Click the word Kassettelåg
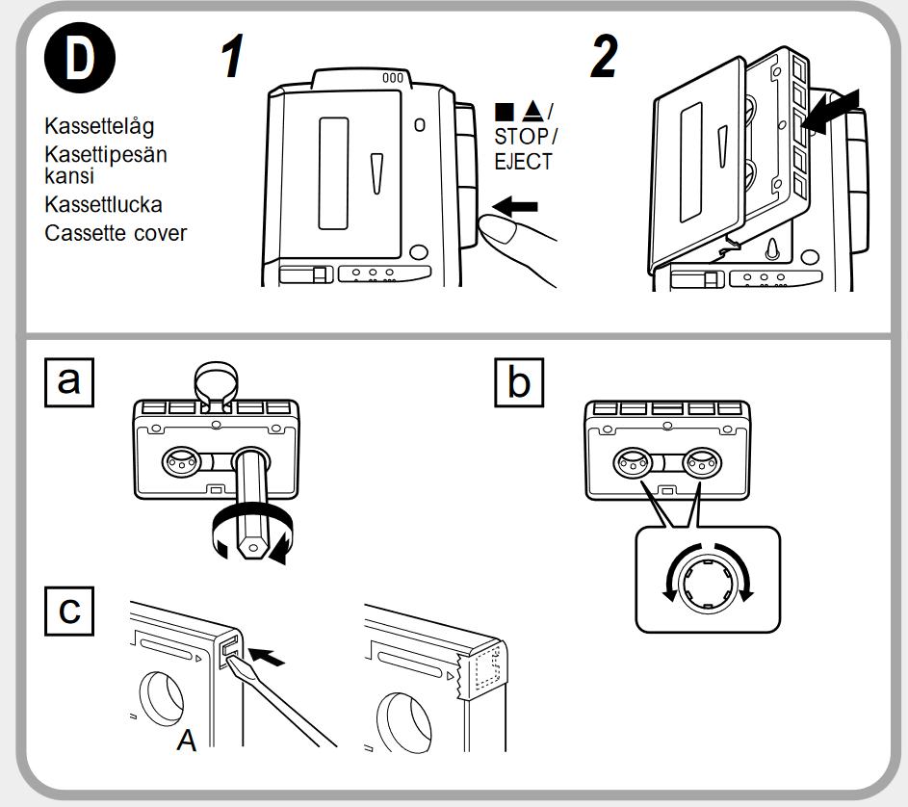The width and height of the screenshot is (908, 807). pos(99,126)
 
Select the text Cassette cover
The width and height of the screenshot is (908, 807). pos(116,232)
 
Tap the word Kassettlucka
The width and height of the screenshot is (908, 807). pos(103,204)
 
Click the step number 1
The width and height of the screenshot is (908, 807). pos(232,59)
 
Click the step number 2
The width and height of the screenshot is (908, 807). pos(604,59)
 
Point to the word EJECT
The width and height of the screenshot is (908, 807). pos(523,162)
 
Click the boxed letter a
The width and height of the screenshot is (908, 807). pos(69,381)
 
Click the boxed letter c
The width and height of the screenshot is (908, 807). pos(69,610)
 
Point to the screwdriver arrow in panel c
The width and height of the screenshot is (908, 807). pos(270,658)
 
